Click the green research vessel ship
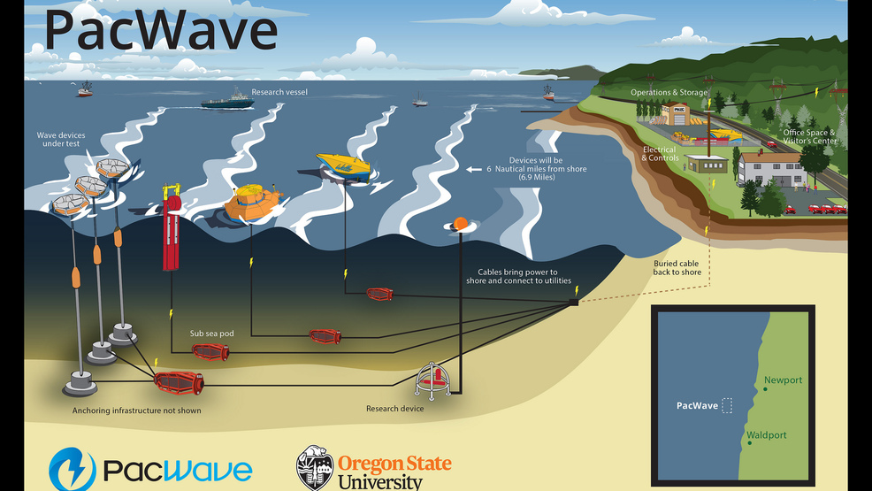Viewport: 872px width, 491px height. coord(227,102)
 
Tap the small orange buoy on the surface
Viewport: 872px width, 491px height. coord(459,224)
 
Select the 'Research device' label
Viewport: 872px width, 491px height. coord(394,409)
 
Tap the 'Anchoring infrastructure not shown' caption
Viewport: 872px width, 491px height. coord(137,410)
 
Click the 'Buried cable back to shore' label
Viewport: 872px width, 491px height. coord(677,268)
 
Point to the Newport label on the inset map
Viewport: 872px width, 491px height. coord(783,380)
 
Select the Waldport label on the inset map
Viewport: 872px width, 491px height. coord(766,435)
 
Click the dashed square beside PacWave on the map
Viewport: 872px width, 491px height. coord(727,405)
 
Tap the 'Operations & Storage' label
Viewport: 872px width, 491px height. coord(669,92)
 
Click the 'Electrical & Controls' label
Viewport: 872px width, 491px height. coord(660,154)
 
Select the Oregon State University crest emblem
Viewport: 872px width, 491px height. coord(314,467)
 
